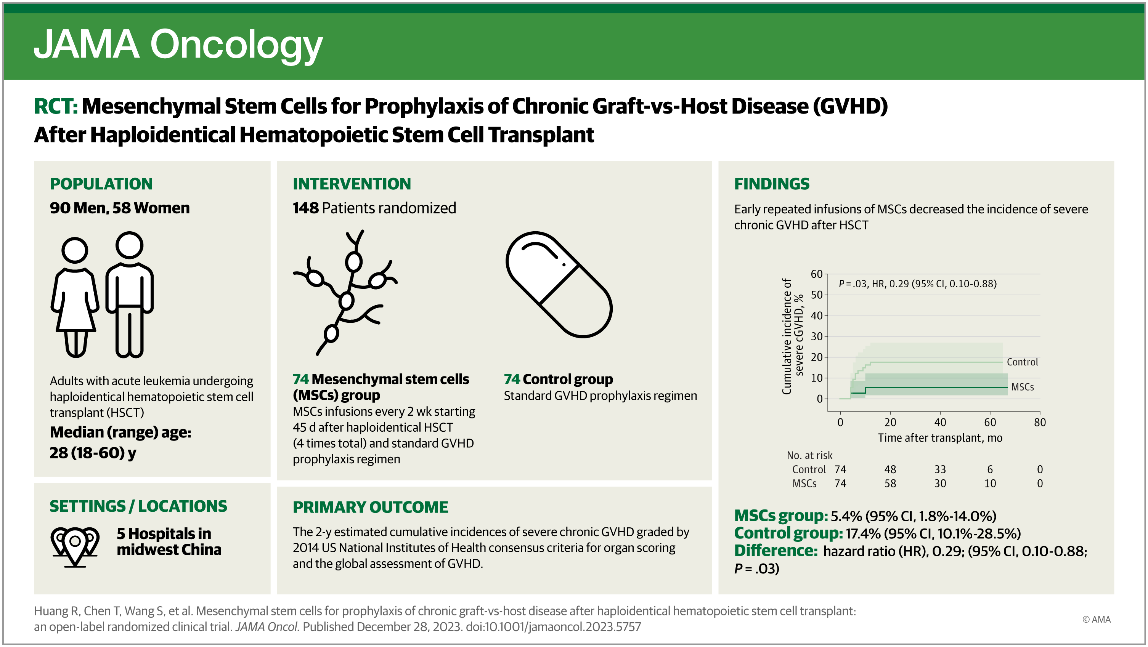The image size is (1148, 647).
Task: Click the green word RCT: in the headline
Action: pos(56,106)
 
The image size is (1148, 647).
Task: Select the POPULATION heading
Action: pos(101,184)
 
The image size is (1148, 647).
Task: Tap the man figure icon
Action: pos(129,294)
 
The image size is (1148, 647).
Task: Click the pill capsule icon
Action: pos(559,285)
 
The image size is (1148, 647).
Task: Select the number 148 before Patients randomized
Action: pos(306,208)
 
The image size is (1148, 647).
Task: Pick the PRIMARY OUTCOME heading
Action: pos(370,507)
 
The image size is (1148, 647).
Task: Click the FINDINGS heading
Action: pos(772,184)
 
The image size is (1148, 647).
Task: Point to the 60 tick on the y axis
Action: pos(816,274)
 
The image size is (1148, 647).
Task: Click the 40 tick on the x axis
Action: pos(940,422)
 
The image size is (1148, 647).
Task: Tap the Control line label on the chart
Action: pos(1022,362)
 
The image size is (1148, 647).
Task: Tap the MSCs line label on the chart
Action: pos(1022,387)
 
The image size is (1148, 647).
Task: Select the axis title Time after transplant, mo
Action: pos(940,438)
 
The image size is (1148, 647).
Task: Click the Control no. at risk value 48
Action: pos(890,469)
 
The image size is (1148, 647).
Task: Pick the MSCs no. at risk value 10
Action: pos(990,484)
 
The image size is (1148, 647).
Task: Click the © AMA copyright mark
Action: pos(1096,620)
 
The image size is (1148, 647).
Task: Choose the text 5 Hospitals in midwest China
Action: pos(169,541)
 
